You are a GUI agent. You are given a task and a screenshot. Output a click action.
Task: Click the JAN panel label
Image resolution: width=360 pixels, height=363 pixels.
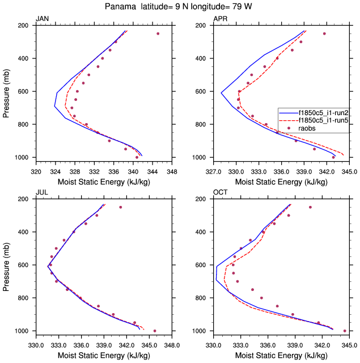(42, 19)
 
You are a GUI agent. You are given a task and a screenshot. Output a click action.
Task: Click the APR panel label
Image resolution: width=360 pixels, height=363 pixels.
(220, 19)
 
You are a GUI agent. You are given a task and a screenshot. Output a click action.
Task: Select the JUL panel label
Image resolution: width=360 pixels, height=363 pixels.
(42, 193)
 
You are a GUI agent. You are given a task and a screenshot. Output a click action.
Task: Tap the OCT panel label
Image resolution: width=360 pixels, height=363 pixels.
(220, 193)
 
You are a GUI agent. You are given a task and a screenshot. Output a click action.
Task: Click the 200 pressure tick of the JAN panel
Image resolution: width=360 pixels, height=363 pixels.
(24, 26)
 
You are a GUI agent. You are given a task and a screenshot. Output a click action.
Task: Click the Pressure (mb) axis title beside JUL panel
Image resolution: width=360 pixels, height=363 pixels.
(6, 265)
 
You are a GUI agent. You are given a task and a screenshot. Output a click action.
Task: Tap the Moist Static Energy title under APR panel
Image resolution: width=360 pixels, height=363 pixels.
(281, 182)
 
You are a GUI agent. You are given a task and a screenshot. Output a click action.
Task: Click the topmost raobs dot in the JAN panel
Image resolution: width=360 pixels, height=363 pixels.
(158, 33)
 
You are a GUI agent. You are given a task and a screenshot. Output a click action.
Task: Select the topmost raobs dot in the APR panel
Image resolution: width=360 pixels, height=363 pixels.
(324, 33)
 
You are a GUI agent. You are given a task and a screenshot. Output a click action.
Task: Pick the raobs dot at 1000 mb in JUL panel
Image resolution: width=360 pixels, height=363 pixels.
(155, 331)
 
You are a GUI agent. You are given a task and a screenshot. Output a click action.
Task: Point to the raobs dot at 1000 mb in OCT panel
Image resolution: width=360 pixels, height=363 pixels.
(345, 331)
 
